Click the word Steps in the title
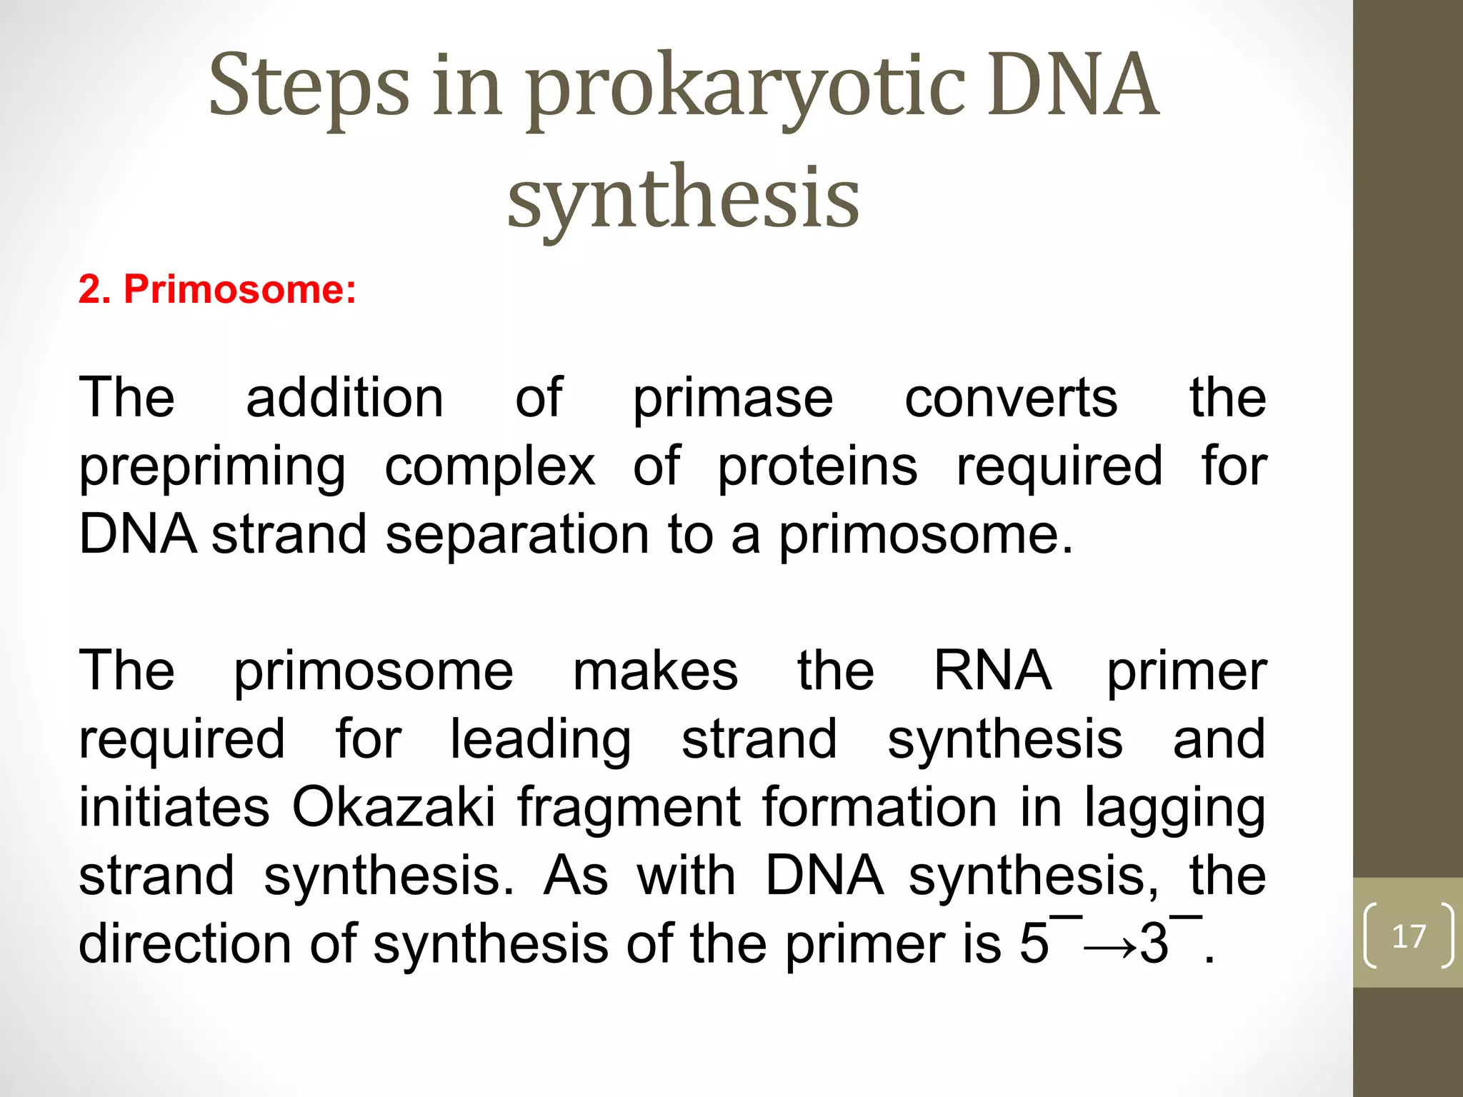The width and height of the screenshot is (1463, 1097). pyautogui.click(x=309, y=87)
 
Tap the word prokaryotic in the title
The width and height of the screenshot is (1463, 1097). pyautogui.click(x=747, y=90)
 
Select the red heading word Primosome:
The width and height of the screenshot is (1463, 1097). pyautogui.click(x=240, y=290)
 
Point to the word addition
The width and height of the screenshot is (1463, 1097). pyautogui.click(x=344, y=398)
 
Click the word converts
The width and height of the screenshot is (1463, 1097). pyautogui.click(x=1011, y=398)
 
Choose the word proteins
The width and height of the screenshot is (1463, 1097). pyautogui.click(x=817, y=467)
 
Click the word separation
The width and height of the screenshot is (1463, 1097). pyautogui.click(x=517, y=534)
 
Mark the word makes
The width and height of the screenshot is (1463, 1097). pyautogui.click(x=655, y=671)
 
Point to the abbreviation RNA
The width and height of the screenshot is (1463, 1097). pyautogui.click(x=992, y=671)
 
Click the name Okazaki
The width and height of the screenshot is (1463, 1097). pyautogui.click(x=394, y=807)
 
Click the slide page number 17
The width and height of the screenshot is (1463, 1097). pyautogui.click(x=1409, y=936)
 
